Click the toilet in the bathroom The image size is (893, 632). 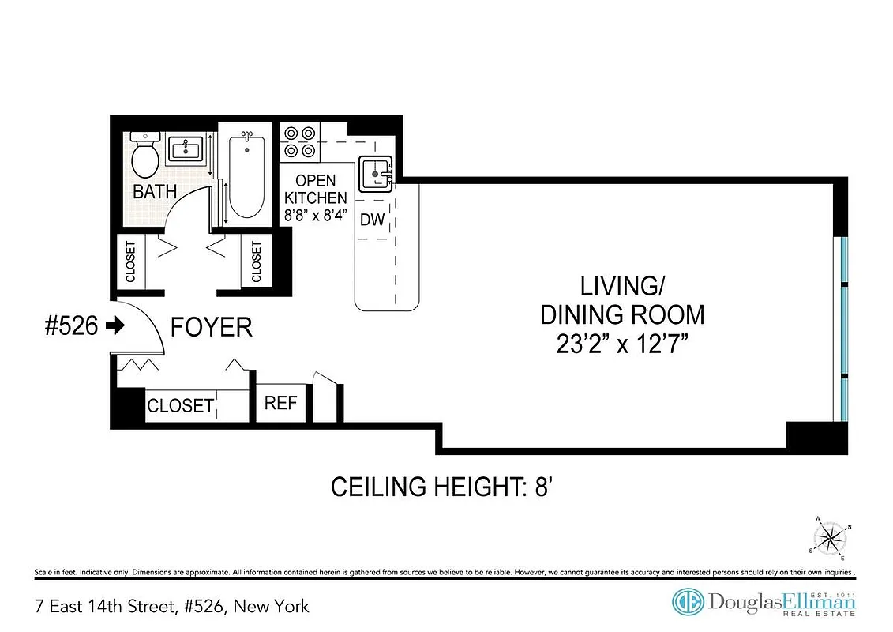pyautogui.click(x=144, y=155)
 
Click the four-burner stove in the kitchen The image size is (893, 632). pyautogui.click(x=300, y=141)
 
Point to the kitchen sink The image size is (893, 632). pyautogui.click(x=377, y=173)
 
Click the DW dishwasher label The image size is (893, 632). pyautogui.click(x=372, y=220)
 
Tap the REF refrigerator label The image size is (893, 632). pyautogui.click(x=280, y=403)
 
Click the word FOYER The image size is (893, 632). pyautogui.click(x=212, y=327)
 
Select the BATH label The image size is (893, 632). pyautogui.click(x=155, y=192)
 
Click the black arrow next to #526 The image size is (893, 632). pyautogui.click(x=115, y=325)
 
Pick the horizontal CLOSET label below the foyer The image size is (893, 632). pyautogui.click(x=180, y=405)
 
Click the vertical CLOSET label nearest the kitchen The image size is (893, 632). pyautogui.click(x=256, y=261)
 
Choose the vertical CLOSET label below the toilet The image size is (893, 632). pyautogui.click(x=130, y=261)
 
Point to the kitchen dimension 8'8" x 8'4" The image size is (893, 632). pyautogui.click(x=315, y=215)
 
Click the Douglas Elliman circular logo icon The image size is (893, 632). pyautogui.click(x=687, y=603)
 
